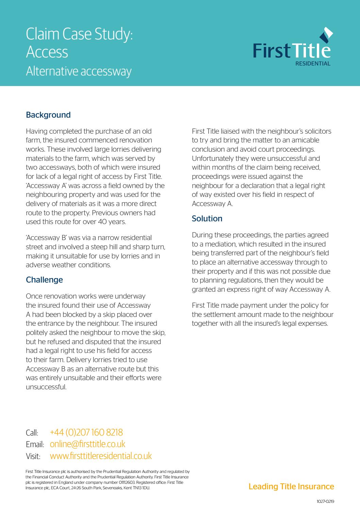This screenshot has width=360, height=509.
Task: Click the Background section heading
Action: [48, 115]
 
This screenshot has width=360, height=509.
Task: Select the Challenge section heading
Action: [45, 280]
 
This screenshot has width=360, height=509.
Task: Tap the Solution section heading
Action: [207, 219]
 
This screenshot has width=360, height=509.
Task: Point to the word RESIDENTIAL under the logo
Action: [313, 64]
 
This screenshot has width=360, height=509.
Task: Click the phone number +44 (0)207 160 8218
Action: [86, 432]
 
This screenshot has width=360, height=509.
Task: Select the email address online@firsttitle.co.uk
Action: [87, 444]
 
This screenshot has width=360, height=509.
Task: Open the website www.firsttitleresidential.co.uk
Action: [101, 456]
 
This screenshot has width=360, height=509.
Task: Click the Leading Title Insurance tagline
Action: [291, 487]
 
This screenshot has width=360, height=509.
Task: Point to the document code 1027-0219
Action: [325, 501]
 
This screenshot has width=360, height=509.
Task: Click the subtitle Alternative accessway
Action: [79, 71]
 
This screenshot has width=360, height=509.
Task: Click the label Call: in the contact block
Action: [32, 433]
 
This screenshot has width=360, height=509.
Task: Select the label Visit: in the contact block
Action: [33, 456]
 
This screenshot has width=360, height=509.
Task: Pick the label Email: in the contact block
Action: [35, 445]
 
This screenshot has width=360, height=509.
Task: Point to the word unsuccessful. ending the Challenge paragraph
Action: [46, 387]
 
